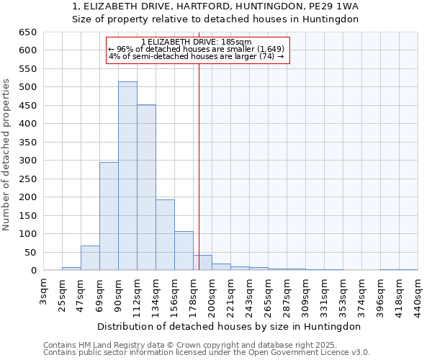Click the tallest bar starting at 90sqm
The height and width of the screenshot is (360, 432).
pyautogui.click(x=127, y=176)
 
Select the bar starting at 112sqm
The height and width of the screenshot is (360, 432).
pyautogui.click(x=146, y=188)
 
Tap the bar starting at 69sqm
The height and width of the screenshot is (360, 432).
pyautogui.click(x=109, y=216)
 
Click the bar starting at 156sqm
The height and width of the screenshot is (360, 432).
pyautogui.click(x=184, y=251)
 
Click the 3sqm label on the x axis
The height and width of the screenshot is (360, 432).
pyautogui.click(x=44, y=291)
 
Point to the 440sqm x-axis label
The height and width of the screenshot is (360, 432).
pyautogui.click(x=418, y=295)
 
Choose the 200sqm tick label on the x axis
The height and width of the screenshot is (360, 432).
pyautogui.click(x=212, y=295)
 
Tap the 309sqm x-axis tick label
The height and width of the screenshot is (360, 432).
pyautogui.click(x=305, y=295)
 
